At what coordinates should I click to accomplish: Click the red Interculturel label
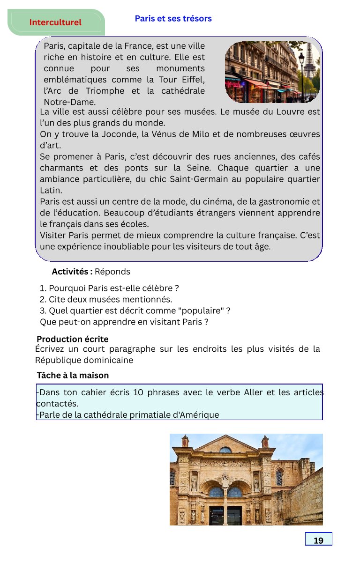pos(55,22)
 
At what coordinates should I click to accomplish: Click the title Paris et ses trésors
pos(173,19)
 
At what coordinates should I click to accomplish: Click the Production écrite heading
pos(73,339)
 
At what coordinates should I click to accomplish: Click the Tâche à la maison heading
pos(73,376)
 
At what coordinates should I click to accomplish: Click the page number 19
pos(318,540)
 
